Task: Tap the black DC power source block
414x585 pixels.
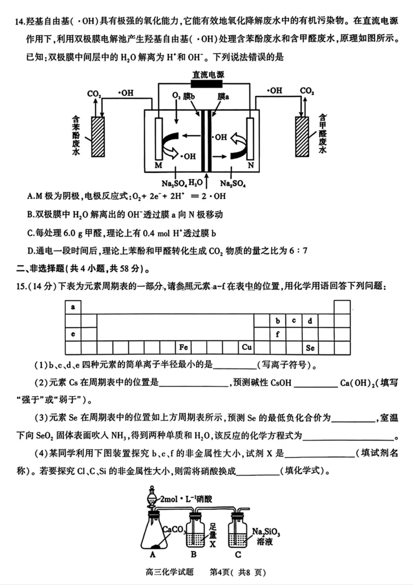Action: pyautogui.click(x=207, y=84)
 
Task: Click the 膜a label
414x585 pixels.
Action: pyautogui.click(x=224, y=97)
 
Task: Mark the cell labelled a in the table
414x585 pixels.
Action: pyautogui.click(x=73, y=307)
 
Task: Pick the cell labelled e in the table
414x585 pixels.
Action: pyautogui.click(x=73, y=334)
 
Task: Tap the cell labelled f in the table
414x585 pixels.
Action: pyautogui.click(x=278, y=334)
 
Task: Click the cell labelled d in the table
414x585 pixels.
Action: pyautogui.click(x=310, y=320)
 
